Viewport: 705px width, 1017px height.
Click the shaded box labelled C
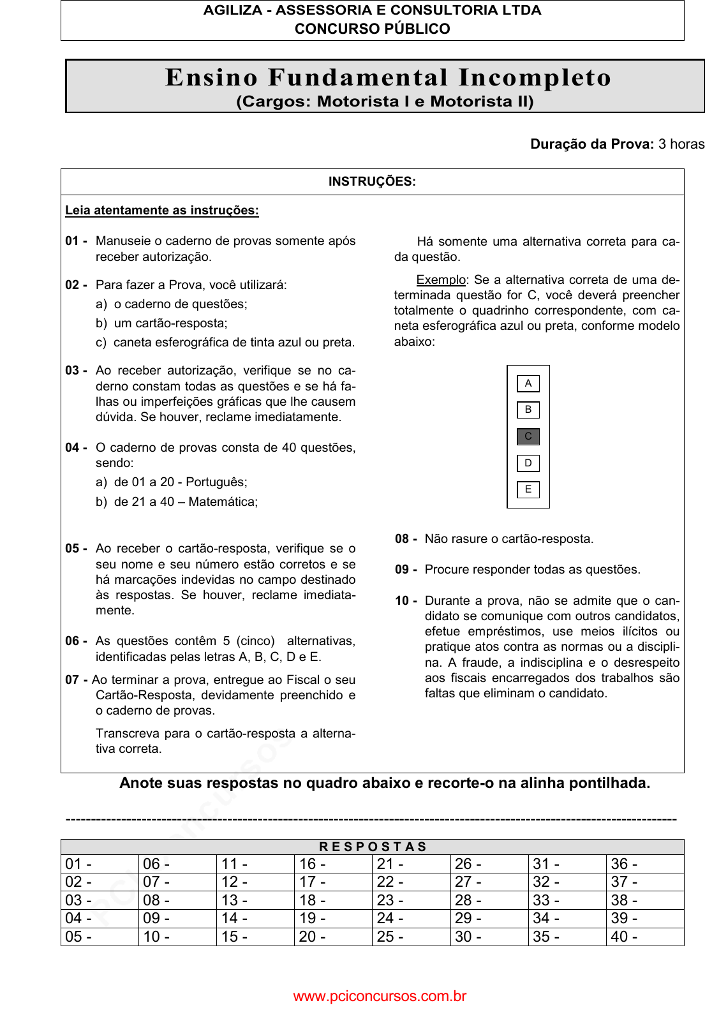[x=528, y=436]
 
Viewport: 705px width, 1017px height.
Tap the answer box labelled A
[x=528, y=383]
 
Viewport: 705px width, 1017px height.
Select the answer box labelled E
[x=528, y=489]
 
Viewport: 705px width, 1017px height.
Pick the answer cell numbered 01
[x=100, y=864]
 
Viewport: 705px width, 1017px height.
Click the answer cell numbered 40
[x=644, y=937]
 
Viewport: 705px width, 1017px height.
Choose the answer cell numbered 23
[x=411, y=900]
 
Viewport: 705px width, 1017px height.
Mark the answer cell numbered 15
[x=255, y=937]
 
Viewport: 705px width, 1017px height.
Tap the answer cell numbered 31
[x=567, y=864]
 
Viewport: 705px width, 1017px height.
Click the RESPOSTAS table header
[x=373, y=847]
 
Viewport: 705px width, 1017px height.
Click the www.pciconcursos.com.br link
[x=380, y=996]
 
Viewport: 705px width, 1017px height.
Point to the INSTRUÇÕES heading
[x=372, y=182]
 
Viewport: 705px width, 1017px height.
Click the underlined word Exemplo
[x=441, y=280]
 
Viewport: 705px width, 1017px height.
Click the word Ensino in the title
[x=211, y=77]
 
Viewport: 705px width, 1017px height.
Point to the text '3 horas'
[x=681, y=144]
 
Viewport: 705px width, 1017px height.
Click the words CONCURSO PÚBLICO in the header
[x=372, y=29]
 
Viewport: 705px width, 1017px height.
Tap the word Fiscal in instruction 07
[x=303, y=680]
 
